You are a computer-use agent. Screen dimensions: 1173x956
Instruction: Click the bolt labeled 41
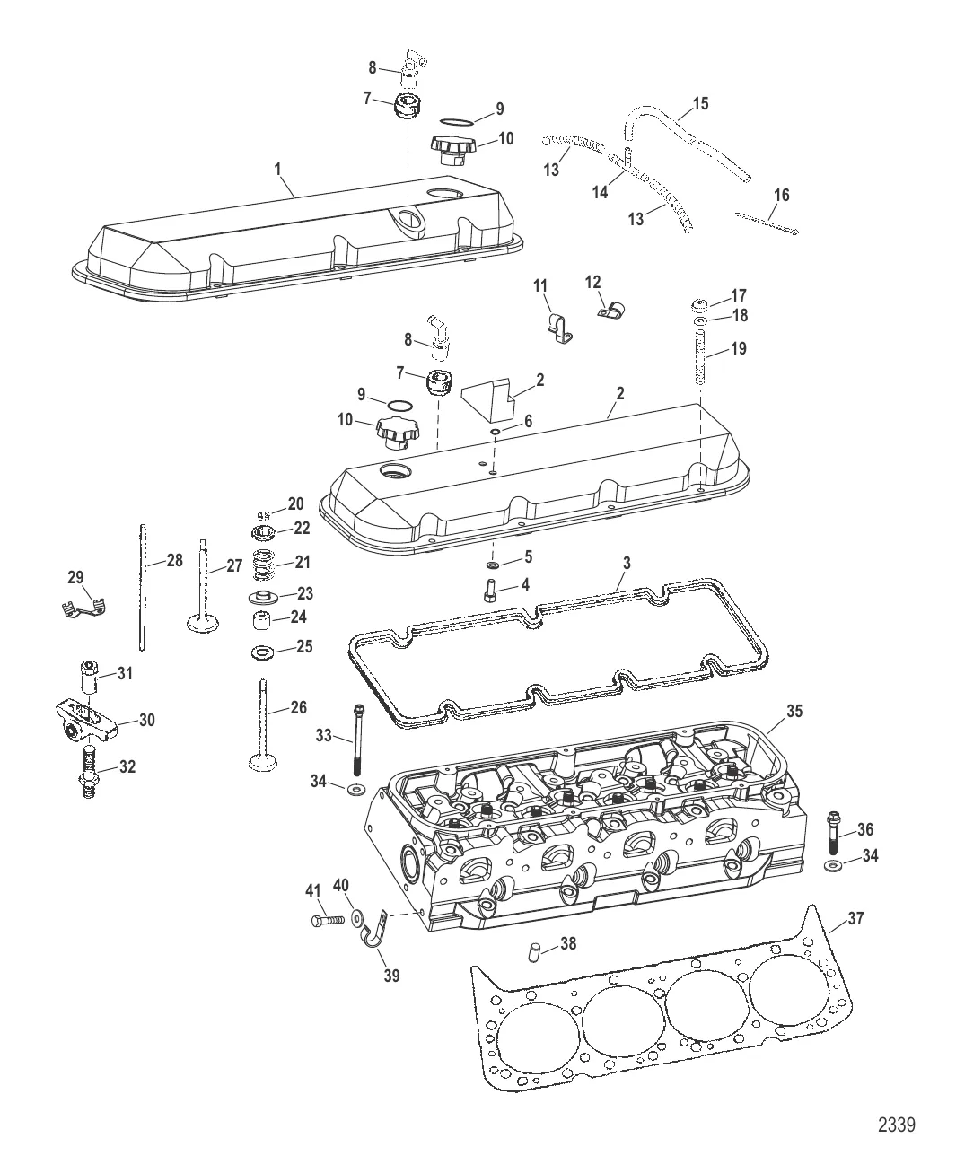[329, 921]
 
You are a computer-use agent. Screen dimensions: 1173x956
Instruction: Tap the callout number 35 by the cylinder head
[794, 711]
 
